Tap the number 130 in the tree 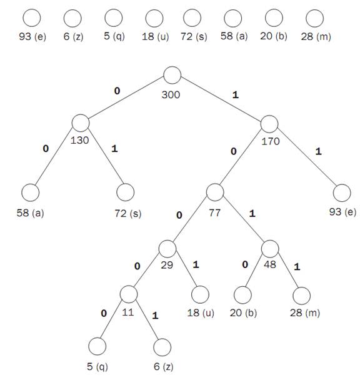79,141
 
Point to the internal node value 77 214,213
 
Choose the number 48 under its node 270,264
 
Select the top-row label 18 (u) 156,37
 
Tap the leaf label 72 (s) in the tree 127,214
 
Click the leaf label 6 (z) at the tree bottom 163,366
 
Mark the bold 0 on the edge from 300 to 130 117,91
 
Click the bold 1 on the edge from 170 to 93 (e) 318,152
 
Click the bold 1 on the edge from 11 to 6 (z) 155,316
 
